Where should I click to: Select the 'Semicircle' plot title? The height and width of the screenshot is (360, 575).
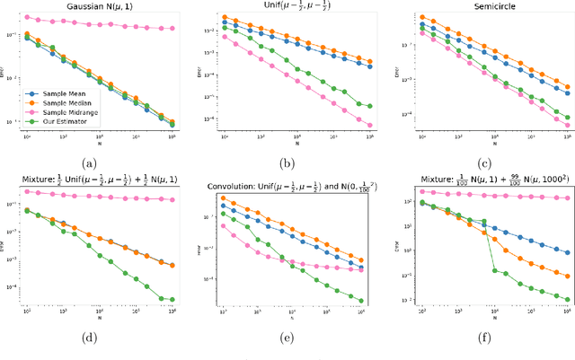pos(484,5)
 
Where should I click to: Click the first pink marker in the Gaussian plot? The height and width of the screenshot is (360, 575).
pos(26,16)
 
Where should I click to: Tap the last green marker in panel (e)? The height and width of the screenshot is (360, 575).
pos(361,301)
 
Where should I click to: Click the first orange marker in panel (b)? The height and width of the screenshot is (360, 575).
pos(224,17)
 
